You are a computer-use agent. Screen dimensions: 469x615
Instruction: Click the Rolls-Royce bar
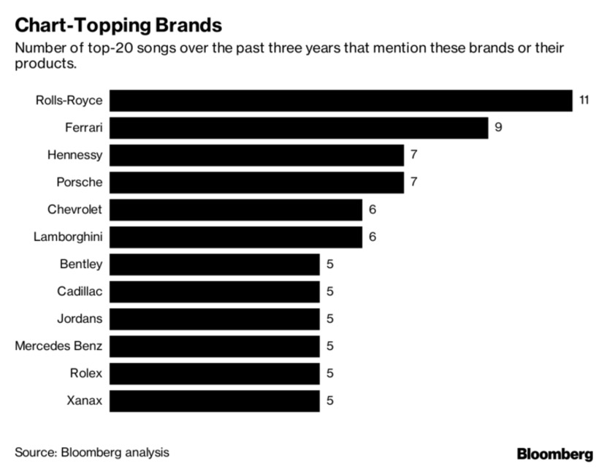point(341,100)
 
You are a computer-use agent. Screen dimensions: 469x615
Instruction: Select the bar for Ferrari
point(299,128)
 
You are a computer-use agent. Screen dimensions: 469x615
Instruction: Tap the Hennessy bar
point(257,155)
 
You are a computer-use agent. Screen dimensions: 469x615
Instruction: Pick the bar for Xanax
point(215,401)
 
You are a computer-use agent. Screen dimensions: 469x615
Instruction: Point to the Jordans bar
point(215,319)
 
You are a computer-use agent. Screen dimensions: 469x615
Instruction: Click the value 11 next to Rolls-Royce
point(584,100)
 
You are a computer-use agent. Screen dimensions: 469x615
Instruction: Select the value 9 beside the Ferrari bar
point(498,128)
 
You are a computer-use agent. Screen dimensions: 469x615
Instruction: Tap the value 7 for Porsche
point(413,183)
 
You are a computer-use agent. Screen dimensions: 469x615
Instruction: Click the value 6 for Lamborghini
point(372,237)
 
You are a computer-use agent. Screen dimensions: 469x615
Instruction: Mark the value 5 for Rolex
point(330,374)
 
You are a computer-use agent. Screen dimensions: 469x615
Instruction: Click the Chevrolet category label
point(75,210)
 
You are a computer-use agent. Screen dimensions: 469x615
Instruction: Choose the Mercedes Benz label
point(58,346)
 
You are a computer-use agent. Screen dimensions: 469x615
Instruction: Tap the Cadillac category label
point(80,291)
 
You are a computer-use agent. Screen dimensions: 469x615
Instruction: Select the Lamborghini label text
point(68,237)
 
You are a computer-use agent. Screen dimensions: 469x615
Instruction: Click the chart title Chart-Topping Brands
point(118,26)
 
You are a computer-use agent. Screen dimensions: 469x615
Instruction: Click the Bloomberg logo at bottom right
point(554,454)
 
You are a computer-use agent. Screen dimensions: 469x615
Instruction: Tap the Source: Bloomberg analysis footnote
point(92,452)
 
